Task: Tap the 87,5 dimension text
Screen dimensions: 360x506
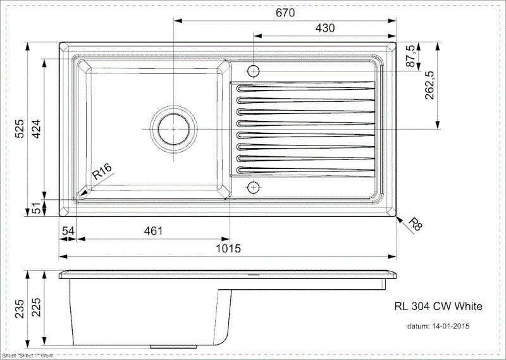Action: [x=409, y=56]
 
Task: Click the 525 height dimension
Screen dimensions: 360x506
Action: [x=20, y=129]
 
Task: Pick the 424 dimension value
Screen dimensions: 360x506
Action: [x=36, y=129]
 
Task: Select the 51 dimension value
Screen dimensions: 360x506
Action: [x=36, y=207]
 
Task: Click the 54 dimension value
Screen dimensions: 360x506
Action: [x=68, y=232]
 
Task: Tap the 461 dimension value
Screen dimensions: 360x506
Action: [x=152, y=232]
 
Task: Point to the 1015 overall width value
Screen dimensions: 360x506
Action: [x=228, y=249]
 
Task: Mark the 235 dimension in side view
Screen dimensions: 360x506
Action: [x=20, y=308]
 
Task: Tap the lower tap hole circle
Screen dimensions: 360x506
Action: [x=253, y=188]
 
